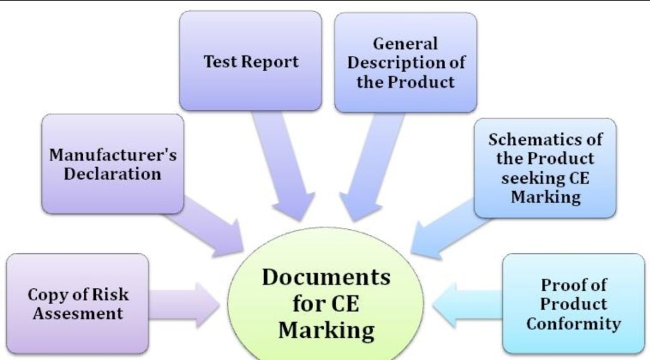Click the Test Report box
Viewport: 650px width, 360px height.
pos(250,61)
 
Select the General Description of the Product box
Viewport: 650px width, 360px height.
pos(406,63)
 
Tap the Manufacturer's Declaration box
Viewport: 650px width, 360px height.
pos(113,164)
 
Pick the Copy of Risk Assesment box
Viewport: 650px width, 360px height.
pos(77,304)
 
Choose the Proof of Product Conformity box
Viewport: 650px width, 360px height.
pos(574,304)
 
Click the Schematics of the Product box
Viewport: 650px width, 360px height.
pos(545,168)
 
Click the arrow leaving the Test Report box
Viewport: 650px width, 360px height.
pos(282,166)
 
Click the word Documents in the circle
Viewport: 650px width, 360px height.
pos(326,277)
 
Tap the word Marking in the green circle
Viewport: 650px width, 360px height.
pos(326,331)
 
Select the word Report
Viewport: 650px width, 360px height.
pos(269,62)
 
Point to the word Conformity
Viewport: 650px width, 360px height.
pos(574,324)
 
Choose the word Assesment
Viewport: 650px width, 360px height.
pos(78,313)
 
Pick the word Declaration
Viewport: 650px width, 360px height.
pos(112,174)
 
